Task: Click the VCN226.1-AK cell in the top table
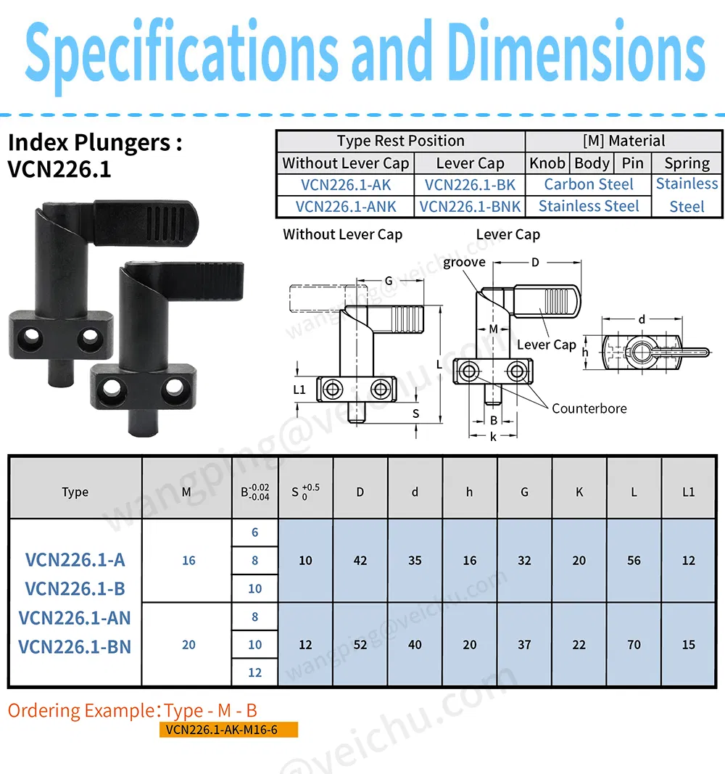click(x=345, y=185)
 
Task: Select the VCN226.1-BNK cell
click(x=470, y=207)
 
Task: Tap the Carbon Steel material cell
click(x=588, y=185)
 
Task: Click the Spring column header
click(x=687, y=163)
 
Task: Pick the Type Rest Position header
click(x=400, y=141)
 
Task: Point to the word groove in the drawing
click(x=464, y=263)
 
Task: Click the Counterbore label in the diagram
click(x=589, y=408)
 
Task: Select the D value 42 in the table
click(x=360, y=561)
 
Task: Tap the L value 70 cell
click(x=634, y=645)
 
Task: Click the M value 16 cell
click(x=188, y=561)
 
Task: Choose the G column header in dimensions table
click(x=524, y=492)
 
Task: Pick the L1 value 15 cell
click(x=688, y=645)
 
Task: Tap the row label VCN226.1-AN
click(x=75, y=617)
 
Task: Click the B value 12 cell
click(x=254, y=672)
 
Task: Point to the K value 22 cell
click(x=579, y=645)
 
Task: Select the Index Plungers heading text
click(x=94, y=142)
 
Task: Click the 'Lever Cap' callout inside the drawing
click(x=546, y=345)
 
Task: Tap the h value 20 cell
click(x=470, y=645)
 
